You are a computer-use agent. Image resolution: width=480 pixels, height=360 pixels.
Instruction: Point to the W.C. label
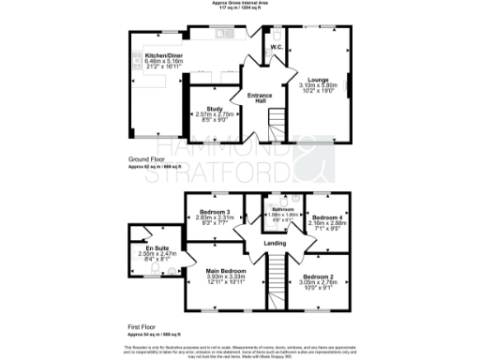click(277, 47)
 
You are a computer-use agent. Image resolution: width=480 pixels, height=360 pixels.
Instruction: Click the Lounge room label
click(317, 81)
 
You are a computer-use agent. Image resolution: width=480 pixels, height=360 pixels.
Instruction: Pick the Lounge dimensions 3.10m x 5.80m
click(317, 86)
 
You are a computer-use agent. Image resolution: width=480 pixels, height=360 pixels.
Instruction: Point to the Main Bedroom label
click(225, 272)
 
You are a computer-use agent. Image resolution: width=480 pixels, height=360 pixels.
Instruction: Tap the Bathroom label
click(284, 208)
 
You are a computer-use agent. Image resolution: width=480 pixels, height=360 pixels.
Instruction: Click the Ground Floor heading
click(145, 159)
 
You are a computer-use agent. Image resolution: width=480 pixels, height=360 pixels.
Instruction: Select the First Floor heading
click(142, 326)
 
